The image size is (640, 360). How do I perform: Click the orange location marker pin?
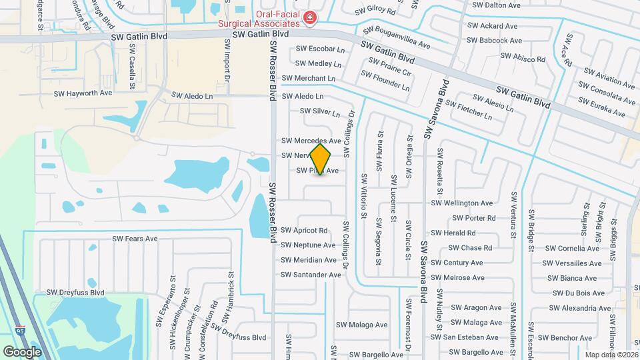tap(321, 159)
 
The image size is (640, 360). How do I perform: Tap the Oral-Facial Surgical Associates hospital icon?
tap(310, 17)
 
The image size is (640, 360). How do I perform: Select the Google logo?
tap(22, 351)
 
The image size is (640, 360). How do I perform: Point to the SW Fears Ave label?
tap(135, 239)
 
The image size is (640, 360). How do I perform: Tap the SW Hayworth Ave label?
tap(83, 93)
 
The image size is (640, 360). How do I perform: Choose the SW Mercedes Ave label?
tap(311, 141)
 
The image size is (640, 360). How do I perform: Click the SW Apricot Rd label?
tap(305, 231)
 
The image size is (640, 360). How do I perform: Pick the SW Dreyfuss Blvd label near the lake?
tap(75, 292)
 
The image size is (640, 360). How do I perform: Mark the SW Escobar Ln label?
tap(320, 49)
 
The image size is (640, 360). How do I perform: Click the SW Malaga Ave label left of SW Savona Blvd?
tap(361, 325)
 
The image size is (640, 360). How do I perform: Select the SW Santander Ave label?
tap(311, 275)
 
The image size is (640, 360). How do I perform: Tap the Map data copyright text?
tap(611, 355)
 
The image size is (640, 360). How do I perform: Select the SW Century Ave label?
tap(457, 263)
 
